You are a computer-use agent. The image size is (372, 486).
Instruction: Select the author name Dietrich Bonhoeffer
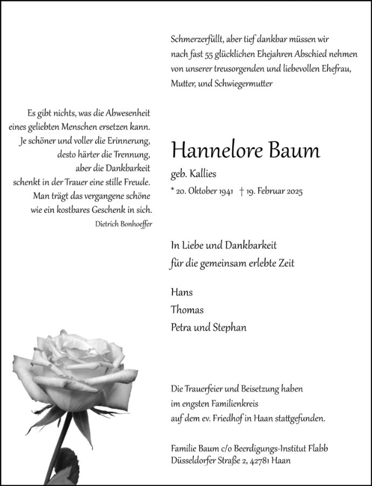coord(121,224)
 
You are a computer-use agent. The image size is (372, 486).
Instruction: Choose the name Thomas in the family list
coord(187,310)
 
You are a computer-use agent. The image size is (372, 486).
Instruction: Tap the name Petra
coord(181,327)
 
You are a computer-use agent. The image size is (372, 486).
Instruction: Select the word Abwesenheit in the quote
coord(125,113)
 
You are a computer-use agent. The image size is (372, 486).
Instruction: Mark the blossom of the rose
coord(76,373)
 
